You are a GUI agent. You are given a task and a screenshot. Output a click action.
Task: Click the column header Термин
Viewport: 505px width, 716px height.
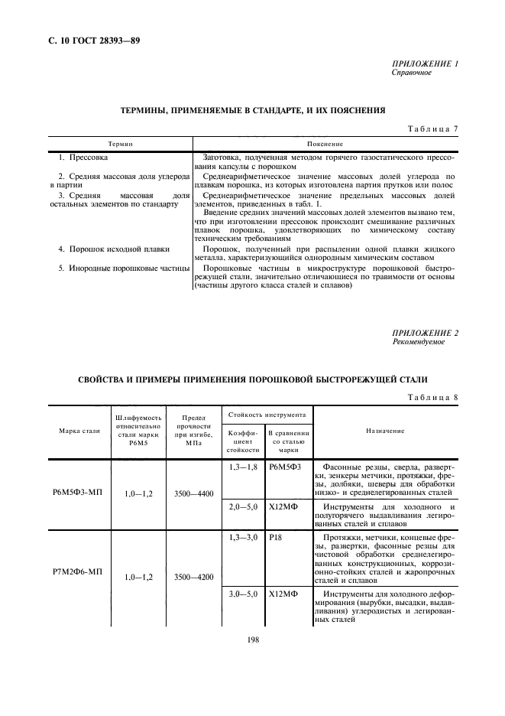[x=120, y=144]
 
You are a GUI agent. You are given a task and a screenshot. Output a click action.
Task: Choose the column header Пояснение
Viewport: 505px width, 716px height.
[x=325, y=144]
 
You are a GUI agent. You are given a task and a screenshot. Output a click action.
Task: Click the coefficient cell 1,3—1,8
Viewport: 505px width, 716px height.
[x=244, y=466]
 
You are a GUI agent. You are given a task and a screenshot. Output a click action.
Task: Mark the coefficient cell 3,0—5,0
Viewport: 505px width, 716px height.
[x=244, y=594]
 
